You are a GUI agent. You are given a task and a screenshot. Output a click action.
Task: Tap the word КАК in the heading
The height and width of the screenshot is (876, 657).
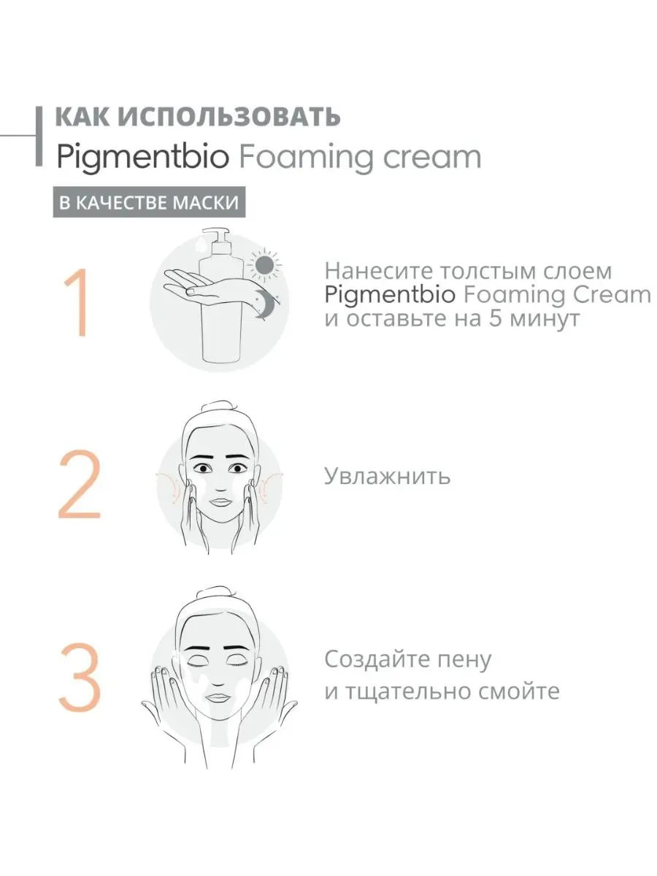[82, 117]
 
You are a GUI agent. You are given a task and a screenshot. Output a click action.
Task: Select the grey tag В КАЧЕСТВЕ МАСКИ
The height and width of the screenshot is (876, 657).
[149, 202]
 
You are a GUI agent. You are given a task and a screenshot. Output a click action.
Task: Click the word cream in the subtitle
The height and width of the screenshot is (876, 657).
[431, 157]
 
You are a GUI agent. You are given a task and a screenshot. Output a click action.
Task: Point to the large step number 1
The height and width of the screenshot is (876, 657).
[79, 302]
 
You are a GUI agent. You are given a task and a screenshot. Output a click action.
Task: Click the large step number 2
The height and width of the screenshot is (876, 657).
[80, 484]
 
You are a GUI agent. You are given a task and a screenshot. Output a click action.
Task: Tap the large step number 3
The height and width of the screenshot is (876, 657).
[80, 677]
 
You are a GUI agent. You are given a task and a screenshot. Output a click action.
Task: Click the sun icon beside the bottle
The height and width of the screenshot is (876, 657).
[264, 264]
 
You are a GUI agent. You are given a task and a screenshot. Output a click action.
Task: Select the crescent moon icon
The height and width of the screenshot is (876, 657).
[263, 304]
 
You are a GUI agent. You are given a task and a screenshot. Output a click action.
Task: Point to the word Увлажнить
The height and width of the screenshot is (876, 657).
[387, 476]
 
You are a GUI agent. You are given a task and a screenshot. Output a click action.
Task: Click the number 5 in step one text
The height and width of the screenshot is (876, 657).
[496, 319]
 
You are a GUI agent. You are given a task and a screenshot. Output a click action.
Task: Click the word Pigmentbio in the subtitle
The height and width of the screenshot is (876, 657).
[143, 157]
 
